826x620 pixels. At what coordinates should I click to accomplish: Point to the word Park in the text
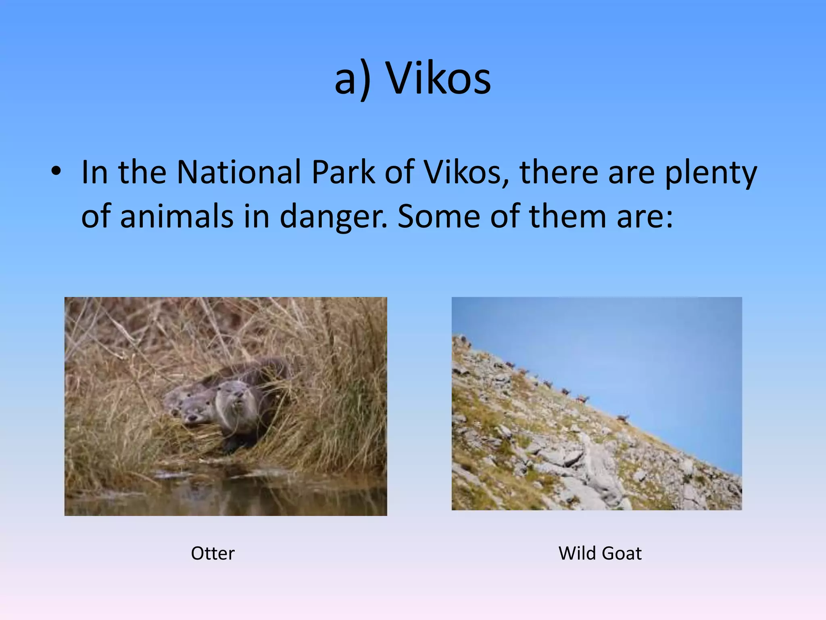(343, 172)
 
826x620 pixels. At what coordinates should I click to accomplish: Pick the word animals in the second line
(177, 216)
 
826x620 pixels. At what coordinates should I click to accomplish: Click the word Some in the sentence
(438, 216)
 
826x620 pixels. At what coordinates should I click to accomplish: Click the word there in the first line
(559, 172)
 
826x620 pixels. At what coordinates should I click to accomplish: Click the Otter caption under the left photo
(213, 553)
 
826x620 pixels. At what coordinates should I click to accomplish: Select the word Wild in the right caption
(577, 553)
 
